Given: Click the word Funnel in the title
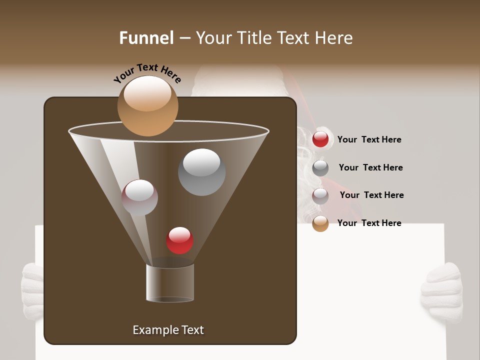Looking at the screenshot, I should tap(146, 38).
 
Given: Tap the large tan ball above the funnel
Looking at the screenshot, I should tap(147, 105).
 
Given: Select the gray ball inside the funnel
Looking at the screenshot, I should tap(201, 172).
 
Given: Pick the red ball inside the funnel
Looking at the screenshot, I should tap(179, 240).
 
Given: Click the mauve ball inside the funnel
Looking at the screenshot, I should tap(139, 197).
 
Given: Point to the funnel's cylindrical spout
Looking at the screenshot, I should tap(170, 283).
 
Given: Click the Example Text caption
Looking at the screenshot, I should tap(168, 330).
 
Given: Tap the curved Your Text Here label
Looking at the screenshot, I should tap(147, 73).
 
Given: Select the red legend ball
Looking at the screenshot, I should tap(320, 139).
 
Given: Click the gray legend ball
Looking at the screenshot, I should tap(320, 168).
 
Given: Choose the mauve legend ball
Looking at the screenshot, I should tap(320, 195).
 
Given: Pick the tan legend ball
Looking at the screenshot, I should tap(320, 223).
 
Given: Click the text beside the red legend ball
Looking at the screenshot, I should tap(369, 139).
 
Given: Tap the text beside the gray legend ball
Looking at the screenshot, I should tap(370, 167).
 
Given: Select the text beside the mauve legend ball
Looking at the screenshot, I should tap(371, 195).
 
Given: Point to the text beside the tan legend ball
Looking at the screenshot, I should tap(369, 223).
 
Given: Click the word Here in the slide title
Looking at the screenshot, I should tap(333, 38).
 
